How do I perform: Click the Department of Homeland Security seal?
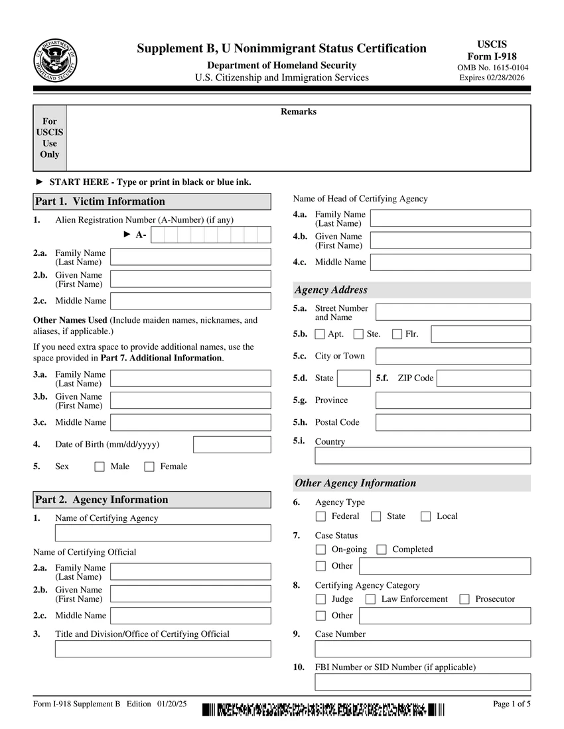pyautogui.click(x=56, y=60)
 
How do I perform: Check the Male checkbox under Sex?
pyautogui.click(x=100, y=467)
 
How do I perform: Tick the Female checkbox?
pyautogui.click(x=149, y=467)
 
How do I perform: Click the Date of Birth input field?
pyautogui.click(x=232, y=444)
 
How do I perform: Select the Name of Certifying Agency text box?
pyautogui.click(x=163, y=533)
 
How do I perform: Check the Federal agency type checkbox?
pyautogui.click(x=321, y=516)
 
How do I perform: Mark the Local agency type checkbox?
pyautogui.click(x=426, y=516)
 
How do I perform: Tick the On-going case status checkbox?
pyautogui.click(x=321, y=549)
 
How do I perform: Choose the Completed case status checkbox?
pyautogui.click(x=382, y=549)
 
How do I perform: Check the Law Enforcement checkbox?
pyautogui.click(x=371, y=599)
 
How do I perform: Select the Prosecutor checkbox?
pyautogui.click(x=464, y=599)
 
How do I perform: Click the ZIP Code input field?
pyautogui.click(x=484, y=378)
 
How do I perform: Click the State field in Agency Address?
pyautogui.click(x=354, y=378)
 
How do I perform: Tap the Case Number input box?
pyautogui.click(x=423, y=649)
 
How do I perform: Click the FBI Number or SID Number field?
pyautogui.click(x=423, y=682)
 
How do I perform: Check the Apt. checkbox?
pyautogui.click(x=320, y=334)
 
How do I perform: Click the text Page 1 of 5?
pyautogui.click(x=512, y=704)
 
